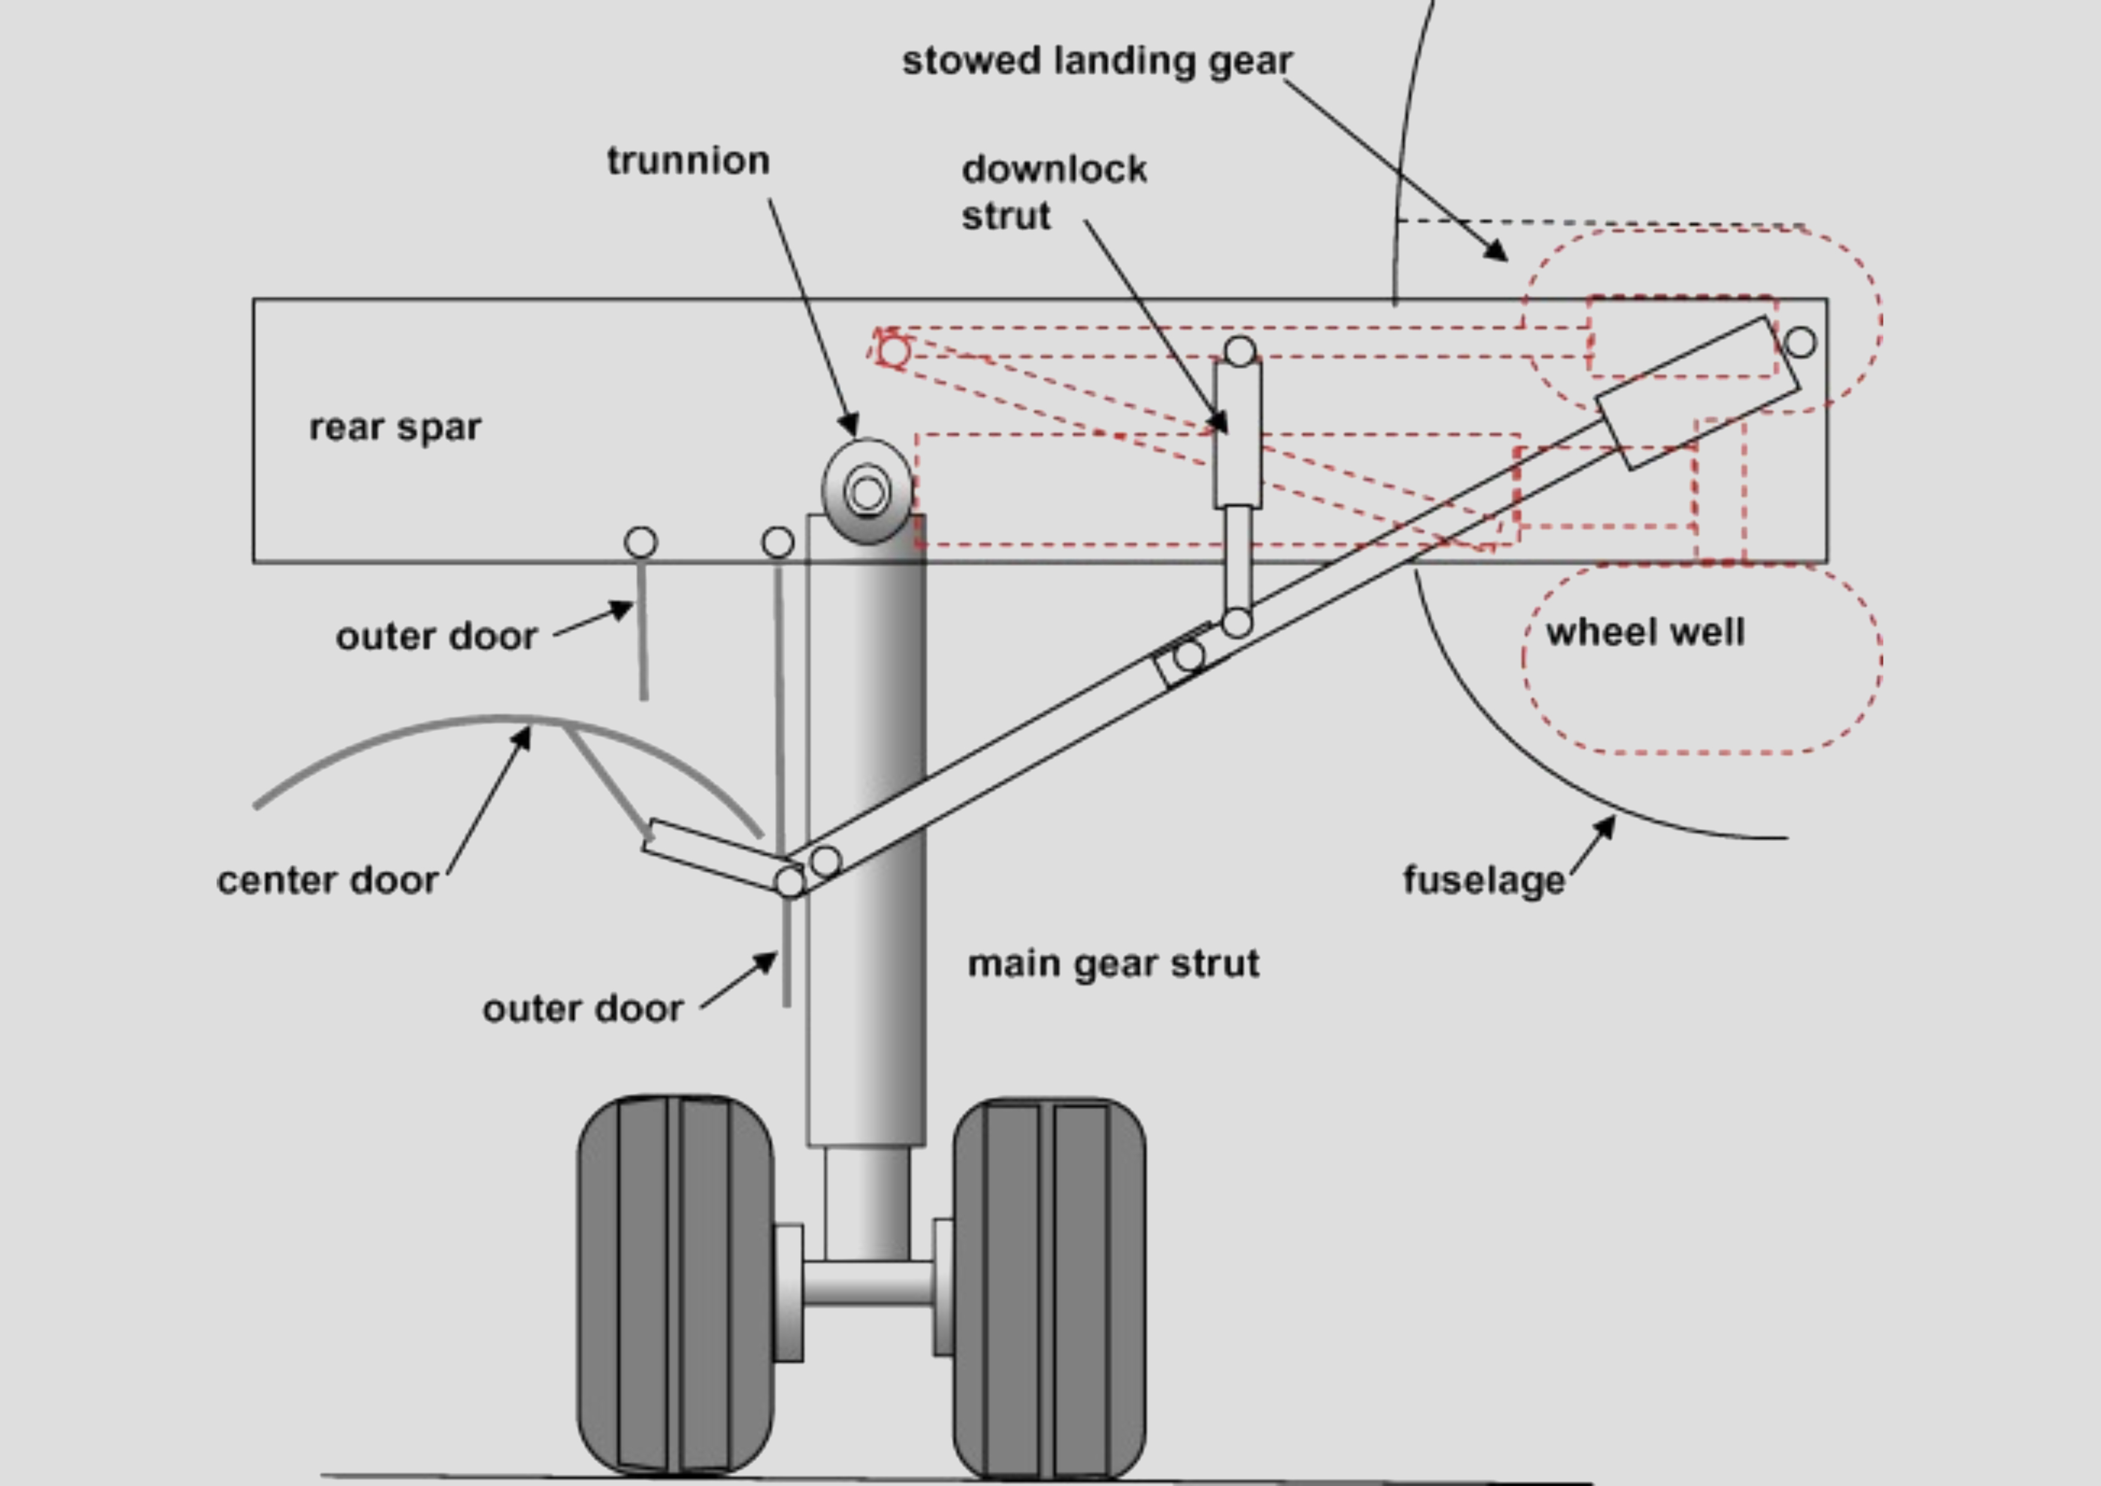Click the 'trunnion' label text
(688, 161)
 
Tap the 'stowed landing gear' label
(1097, 61)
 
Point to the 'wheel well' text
(1645, 632)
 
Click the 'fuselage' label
(1484, 880)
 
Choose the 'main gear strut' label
(1113, 964)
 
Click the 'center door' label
(328, 880)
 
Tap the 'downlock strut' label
(1054, 192)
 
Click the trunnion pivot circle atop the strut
(867, 491)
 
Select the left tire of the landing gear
(676, 1285)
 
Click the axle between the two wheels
(867, 1283)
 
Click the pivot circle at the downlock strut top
(1240, 352)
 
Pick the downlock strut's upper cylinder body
(1238, 434)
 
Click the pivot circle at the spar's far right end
(1800, 342)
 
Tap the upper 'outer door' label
(437, 637)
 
